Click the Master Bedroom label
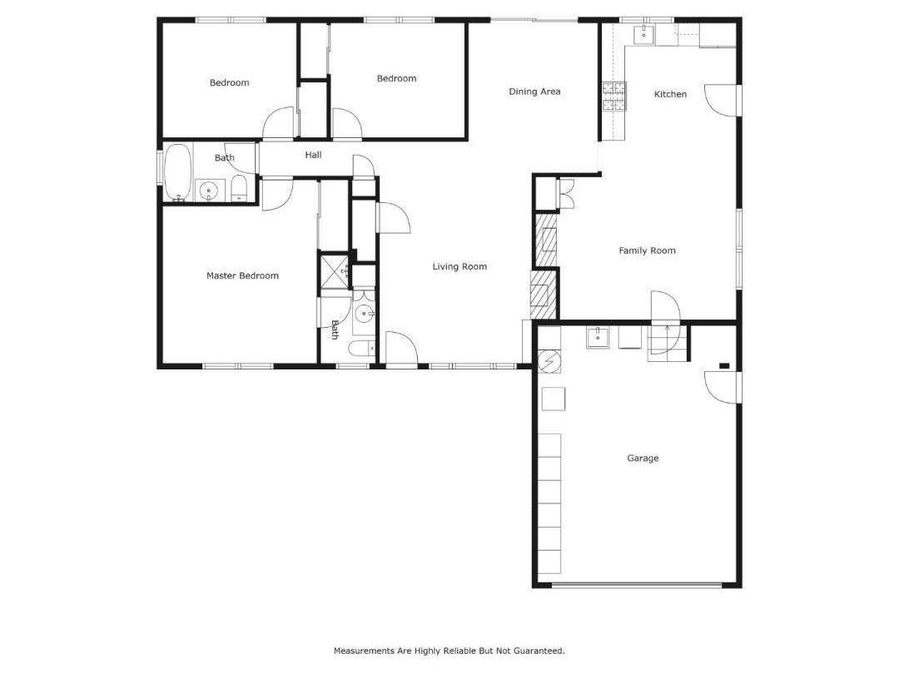tap(242, 275)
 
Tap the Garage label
tap(643, 458)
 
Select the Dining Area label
tap(534, 92)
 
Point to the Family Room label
tap(647, 250)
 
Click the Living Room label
tap(459, 267)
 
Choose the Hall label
tap(313, 155)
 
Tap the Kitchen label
tap(670, 94)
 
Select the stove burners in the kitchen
tap(614, 97)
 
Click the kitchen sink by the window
tap(643, 34)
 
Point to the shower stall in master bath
tap(336, 270)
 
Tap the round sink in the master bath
tap(364, 314)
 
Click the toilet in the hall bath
tap(239, 188)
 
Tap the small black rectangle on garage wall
tap(724, 365)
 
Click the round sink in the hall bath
tap(208, 191)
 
